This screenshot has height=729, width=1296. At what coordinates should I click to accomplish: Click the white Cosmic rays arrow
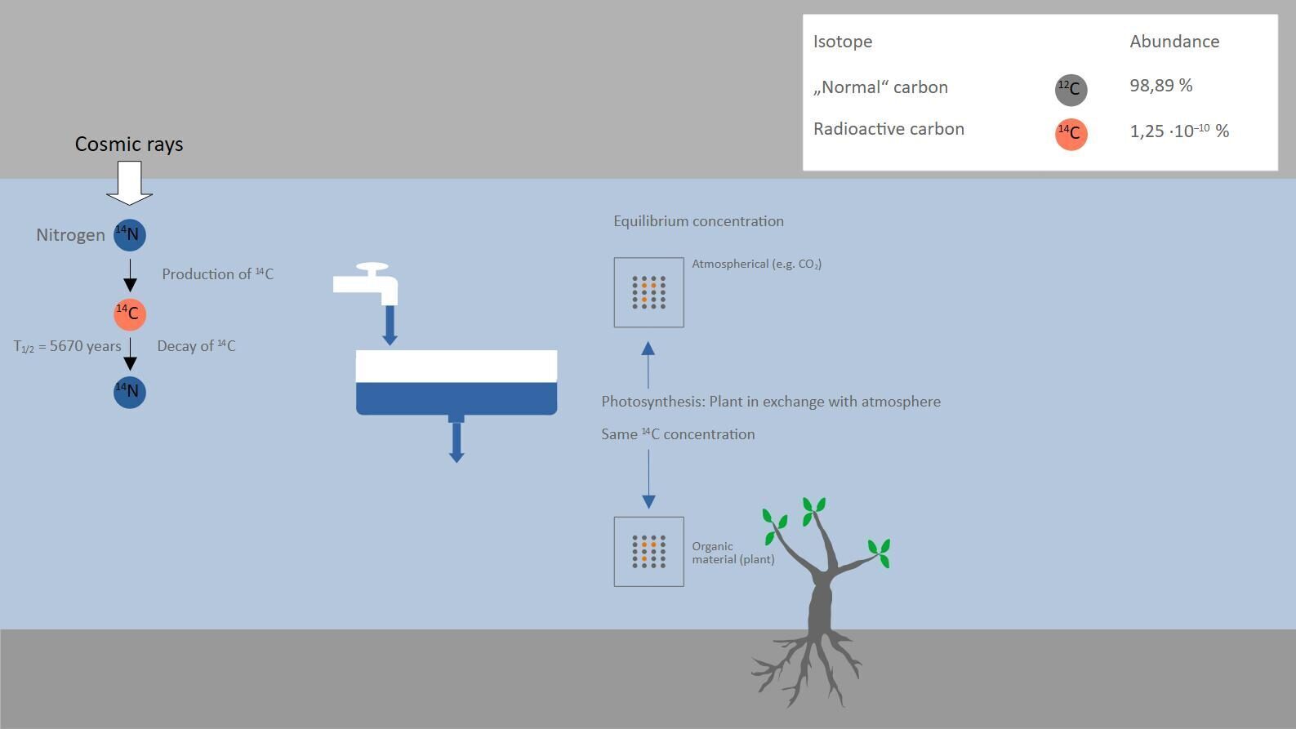[x=130, y=183]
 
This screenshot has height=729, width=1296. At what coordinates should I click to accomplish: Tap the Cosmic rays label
[x=129, y=144]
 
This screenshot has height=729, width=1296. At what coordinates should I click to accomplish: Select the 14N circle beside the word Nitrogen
[x=130, y=235]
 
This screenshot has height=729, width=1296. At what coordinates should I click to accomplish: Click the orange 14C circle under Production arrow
[x=130, y=314]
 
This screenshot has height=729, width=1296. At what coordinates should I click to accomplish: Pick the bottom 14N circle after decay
[x=130, y=393]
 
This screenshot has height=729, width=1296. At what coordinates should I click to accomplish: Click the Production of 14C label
[x=217, y=273]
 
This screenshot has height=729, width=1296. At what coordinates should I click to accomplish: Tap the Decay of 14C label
[x=196, y=346]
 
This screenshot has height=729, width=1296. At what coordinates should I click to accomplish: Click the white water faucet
[x=366, y=283]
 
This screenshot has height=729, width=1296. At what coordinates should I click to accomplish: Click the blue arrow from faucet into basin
[x=390, y=325]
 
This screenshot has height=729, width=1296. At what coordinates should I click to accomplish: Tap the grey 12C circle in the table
[x=1071, y=90]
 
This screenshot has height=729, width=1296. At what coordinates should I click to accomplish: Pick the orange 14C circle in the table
[x=1071, y=134]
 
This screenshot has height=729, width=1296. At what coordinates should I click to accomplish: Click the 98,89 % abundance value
[x=1161, y=86]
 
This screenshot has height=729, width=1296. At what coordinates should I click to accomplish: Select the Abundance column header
[x=1174, y=42]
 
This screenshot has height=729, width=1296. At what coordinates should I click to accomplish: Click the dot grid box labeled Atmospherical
[x=649, y=292]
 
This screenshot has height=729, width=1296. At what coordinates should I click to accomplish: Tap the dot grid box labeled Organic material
[x=649, y=551]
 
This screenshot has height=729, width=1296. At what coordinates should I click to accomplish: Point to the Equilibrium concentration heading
[x=699, y=221]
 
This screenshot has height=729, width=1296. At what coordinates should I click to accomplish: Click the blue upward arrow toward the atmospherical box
[x=648, y=365]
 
